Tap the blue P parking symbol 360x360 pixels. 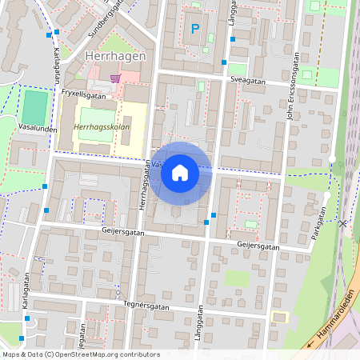click(194, 29)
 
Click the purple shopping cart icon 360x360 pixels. click(116, 78)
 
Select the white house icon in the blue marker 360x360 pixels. click(180, 172)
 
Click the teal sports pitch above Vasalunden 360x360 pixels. click(34, 106)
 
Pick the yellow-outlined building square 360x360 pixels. click(278, 317)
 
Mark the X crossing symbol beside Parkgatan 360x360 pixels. click(343, 224)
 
